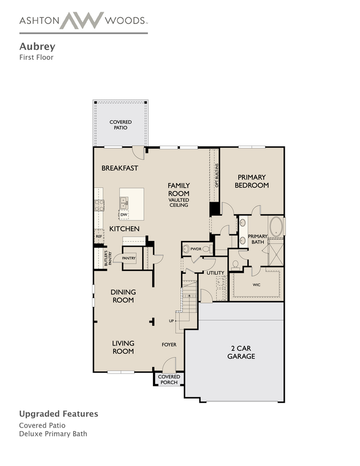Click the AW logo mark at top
click(82, 21)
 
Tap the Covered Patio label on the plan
click(120, 125)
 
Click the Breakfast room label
click(120, 168)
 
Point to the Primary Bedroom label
click(251, 181)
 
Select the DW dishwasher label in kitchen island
click(124, 214)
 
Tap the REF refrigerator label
click(99, 236)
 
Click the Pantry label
click(128, 258)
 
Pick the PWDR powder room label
click(196, 249)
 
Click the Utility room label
click(215, 273)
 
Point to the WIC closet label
click(256, 285)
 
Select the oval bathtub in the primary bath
click(276, 227)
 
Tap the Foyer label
click(169, 345)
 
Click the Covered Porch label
click(169, 380)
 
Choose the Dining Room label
click(123, 296)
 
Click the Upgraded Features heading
click(59, 414)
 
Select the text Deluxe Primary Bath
click(53, 433)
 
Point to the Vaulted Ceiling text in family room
click(179, 202)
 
